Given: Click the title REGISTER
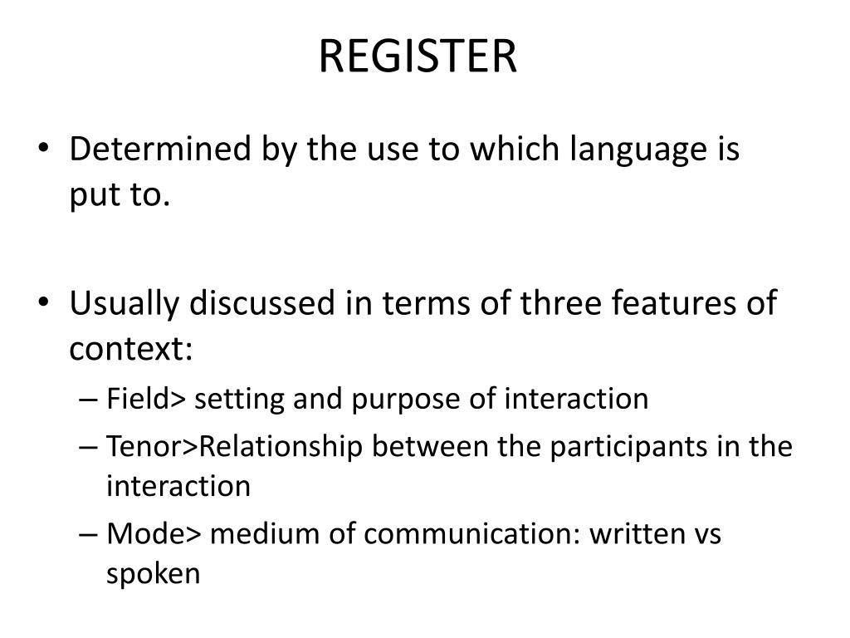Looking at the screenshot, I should coord(418,56).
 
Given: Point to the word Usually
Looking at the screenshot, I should coord(125,303).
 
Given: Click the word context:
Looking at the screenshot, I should coord(131,351).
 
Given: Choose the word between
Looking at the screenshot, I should coord(431,447).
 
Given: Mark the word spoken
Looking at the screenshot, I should coord(153,574).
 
